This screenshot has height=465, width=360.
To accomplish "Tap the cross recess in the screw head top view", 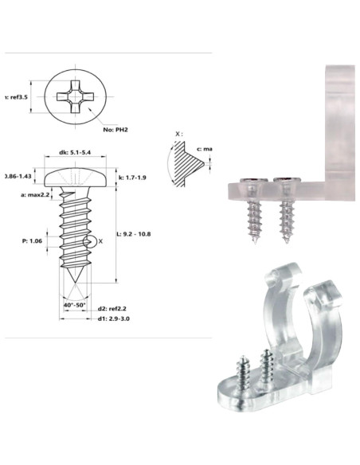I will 77,98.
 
